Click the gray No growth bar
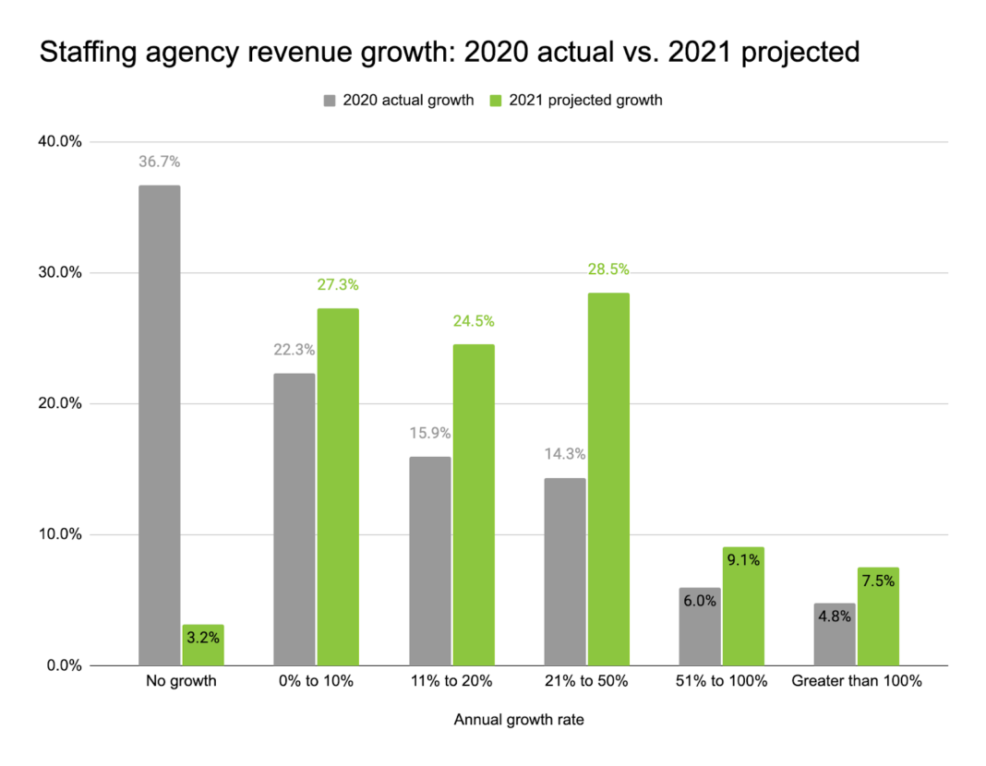point(159,425)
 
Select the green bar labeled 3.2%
point(202,645)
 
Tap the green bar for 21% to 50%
point(608,479)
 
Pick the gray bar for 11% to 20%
point(429,560)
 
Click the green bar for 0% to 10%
point(337,486)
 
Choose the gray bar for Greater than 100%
point(834,634)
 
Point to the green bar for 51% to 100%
point(743,605)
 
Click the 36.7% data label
point(159,162)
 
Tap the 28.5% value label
point(608,269)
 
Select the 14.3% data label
point(564,453)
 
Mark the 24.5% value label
point(473,321)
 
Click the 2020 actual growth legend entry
point(398,100)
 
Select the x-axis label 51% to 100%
point(721,682)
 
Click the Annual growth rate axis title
point(518,721)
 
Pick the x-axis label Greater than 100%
point(856,682)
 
